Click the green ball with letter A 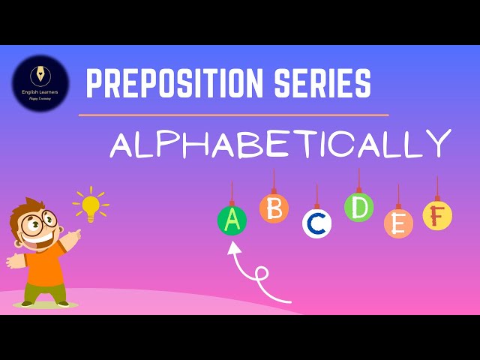pyautogui.click(x=232, y=220)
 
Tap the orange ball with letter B pyautogui.click(x=274, y=208)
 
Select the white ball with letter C pyautogui.click(x=316, y=223)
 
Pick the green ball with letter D pyautogui.click(x=358, y=207)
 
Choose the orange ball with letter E pyautogui.click(x=398, y=223)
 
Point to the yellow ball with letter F pyautogui.click(x=437, y=215)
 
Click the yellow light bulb pyautogui.click(x=91, y=205)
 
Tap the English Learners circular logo pyautogui.click(x=40, y=83)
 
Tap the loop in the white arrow pyautogui.click(x=262, y=274)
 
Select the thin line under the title pyautogui.click(x=233, y=115)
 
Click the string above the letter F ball pyautogui.click(x=437, y=188)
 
